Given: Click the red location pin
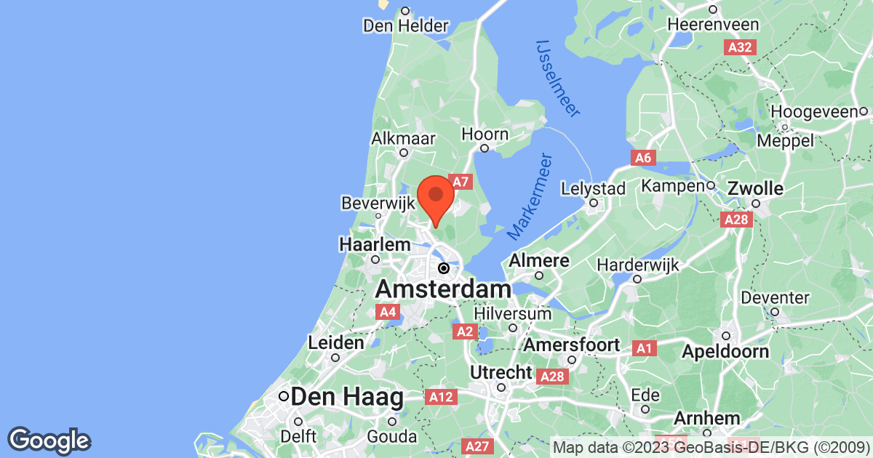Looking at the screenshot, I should [x=436, y=197].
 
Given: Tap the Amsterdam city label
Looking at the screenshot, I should [x=442, y=290].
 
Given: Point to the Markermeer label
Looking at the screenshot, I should [x=530, y=197].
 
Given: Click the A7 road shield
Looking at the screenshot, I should [x=461, y=182].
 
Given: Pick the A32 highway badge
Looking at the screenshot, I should [x=741, y=48].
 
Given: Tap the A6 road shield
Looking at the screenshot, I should [x=642, y=158].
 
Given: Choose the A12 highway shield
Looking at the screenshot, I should [x=442, y=397].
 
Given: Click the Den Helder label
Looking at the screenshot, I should [x=406, y=26].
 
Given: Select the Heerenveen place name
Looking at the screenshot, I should [x=714, y=25].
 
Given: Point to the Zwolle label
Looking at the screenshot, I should [x=757, y=190].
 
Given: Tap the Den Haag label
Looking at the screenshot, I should [x=346, y=398].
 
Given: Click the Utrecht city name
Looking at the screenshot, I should [x=502, y=372].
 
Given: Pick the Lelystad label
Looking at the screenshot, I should [x=594, y=189].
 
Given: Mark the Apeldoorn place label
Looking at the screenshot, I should [x=725, y=352].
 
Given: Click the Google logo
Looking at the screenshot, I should [x=49, y=439].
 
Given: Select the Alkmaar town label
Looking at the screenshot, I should [x=403, y=138].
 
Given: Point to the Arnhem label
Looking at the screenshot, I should [x=706, y=419].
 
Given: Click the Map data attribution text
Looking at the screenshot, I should [x=711, y=446].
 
